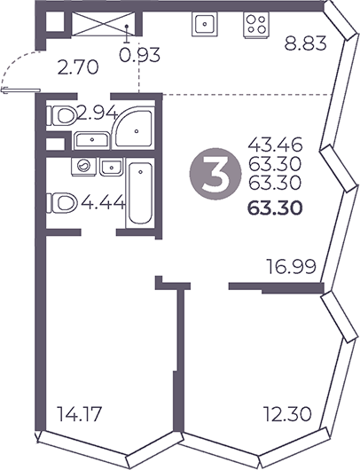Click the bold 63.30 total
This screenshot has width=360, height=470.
(277, 209)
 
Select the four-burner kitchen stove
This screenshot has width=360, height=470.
(256, 23)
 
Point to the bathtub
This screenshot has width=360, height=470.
(137, 195)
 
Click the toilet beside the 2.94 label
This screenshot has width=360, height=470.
(62, 115)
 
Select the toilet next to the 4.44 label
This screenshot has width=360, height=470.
(64, 203)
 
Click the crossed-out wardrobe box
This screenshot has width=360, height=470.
(99, 24)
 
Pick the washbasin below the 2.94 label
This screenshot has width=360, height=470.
(91, 139)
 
